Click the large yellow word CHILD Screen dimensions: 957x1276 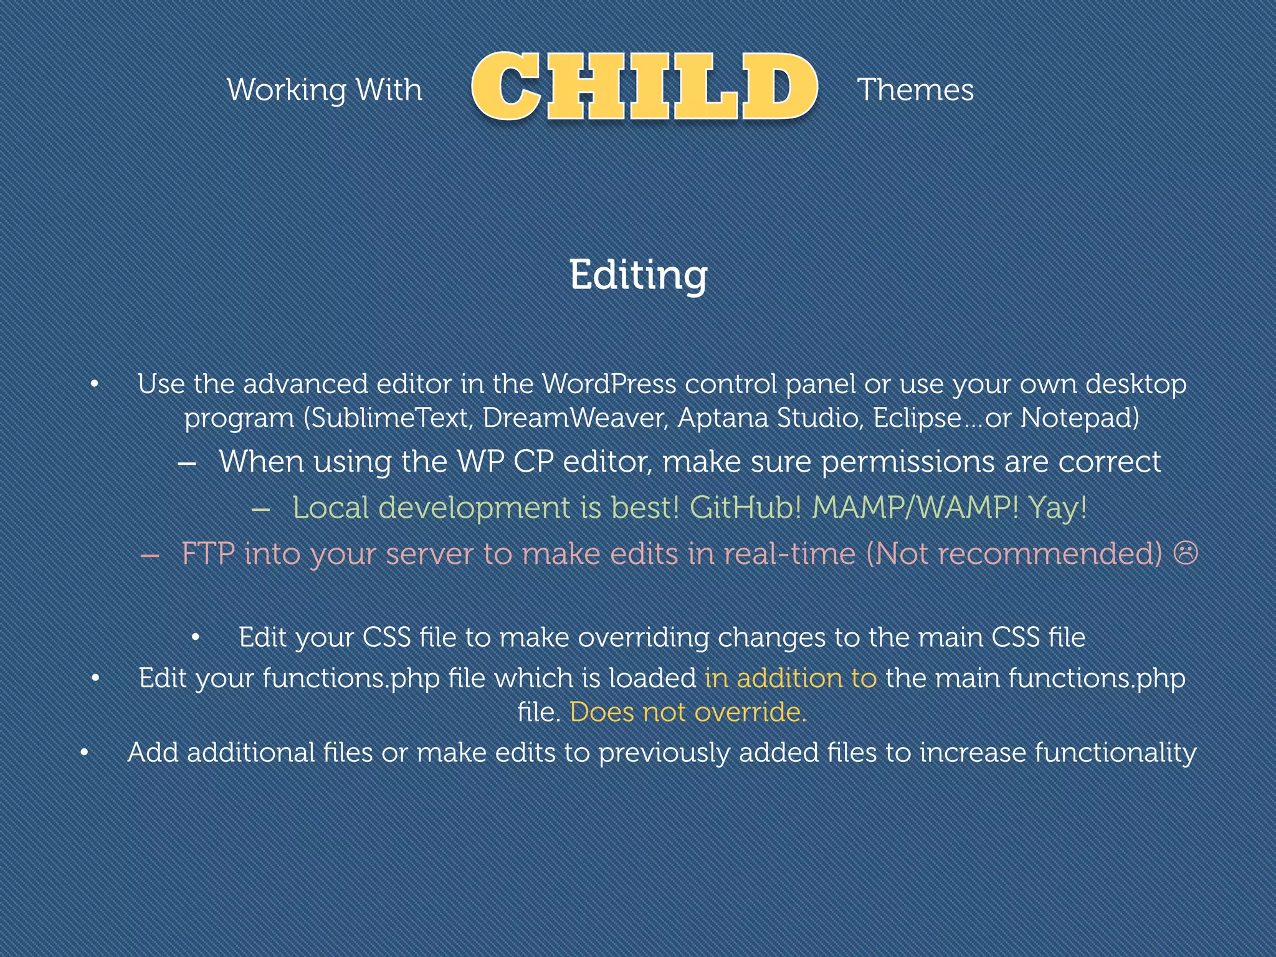pos(644,87)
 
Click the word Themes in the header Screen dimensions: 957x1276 pos(915,90)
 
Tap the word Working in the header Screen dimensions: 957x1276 pos(287,90)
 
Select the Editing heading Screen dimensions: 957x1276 pos(638,275)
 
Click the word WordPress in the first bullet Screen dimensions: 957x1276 pos(609,384)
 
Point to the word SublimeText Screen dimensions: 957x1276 pos(389,417)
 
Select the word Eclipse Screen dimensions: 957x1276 pos(917,417)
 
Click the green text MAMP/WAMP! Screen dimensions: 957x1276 pos(915,507)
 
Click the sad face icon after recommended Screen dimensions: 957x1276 pos(1186,553)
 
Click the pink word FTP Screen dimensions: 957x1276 pos(207,553)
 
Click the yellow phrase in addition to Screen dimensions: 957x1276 pos(791,678)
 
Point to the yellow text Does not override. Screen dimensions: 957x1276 pos(688,712)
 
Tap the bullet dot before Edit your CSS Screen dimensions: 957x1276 pos(196,637)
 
